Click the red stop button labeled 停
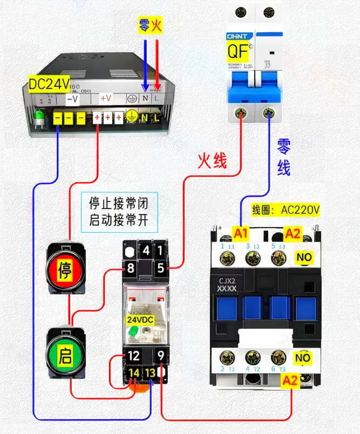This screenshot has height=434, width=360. [x=65, y=268]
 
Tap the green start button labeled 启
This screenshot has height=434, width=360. [x=65, y=355]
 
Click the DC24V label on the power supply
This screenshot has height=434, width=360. [x=49, y=83]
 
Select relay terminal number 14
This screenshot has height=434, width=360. [x=134, y=372]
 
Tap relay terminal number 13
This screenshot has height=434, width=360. [x=151, y=372]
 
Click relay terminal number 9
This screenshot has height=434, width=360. [x=161, y=356]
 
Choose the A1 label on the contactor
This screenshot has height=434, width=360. [x=240, y=233]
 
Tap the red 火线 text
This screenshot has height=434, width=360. [x=212, y=160]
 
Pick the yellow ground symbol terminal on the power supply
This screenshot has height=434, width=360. [x=131, y=117]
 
